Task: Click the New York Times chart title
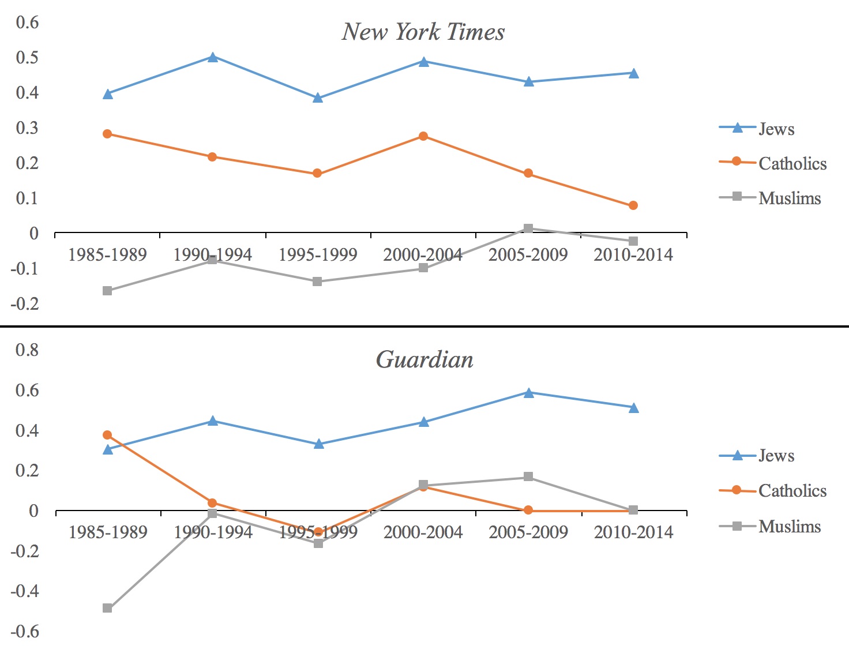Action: (423, 32)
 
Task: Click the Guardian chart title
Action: (424, 359)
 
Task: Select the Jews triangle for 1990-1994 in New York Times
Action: (213, 58)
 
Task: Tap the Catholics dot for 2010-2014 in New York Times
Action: (633, 205)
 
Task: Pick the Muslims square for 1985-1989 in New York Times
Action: (107, 291)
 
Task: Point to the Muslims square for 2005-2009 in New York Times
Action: (528, 228)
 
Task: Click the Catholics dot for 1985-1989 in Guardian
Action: (107, 435)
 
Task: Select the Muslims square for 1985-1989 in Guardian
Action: (107, 608)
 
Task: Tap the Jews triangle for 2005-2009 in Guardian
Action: (529, 393)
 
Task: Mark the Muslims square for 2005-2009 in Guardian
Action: (528, 476)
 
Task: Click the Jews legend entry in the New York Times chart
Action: (756, 129)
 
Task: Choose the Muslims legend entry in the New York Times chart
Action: (769, 198)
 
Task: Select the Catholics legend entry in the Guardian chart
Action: (773, 490)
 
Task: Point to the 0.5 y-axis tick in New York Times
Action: (27, 58)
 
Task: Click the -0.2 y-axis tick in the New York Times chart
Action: (25, 303)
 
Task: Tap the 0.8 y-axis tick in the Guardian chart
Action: (27, 350)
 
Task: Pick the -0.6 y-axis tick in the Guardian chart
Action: (25, 632)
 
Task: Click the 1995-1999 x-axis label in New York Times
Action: (318, 255)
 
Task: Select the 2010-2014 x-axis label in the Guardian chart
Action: (633, 532)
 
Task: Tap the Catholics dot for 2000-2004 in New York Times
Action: (423, 136)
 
